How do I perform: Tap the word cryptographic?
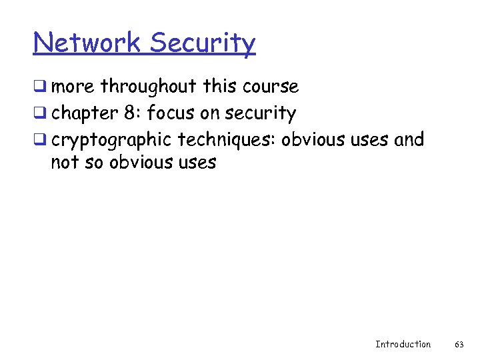[x=111, y=141]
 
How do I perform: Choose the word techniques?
[x=227, y=141]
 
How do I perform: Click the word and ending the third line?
[x=409, y=140]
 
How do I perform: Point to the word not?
[x=65, y=163]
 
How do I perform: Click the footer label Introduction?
[x=403, y=344]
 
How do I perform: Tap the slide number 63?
[x=459, y=344]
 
